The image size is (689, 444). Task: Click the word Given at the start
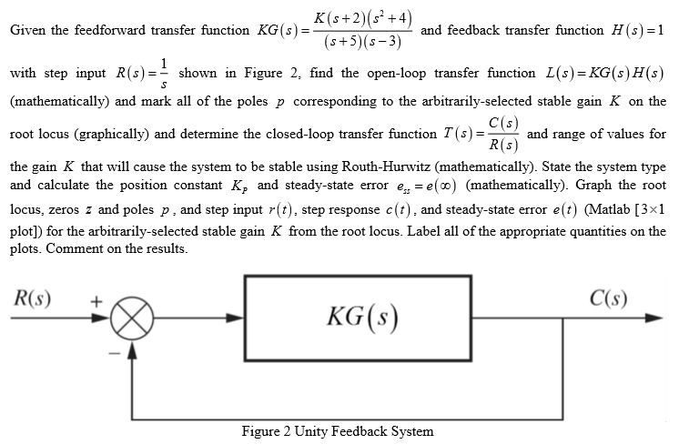(x=28, y=30)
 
